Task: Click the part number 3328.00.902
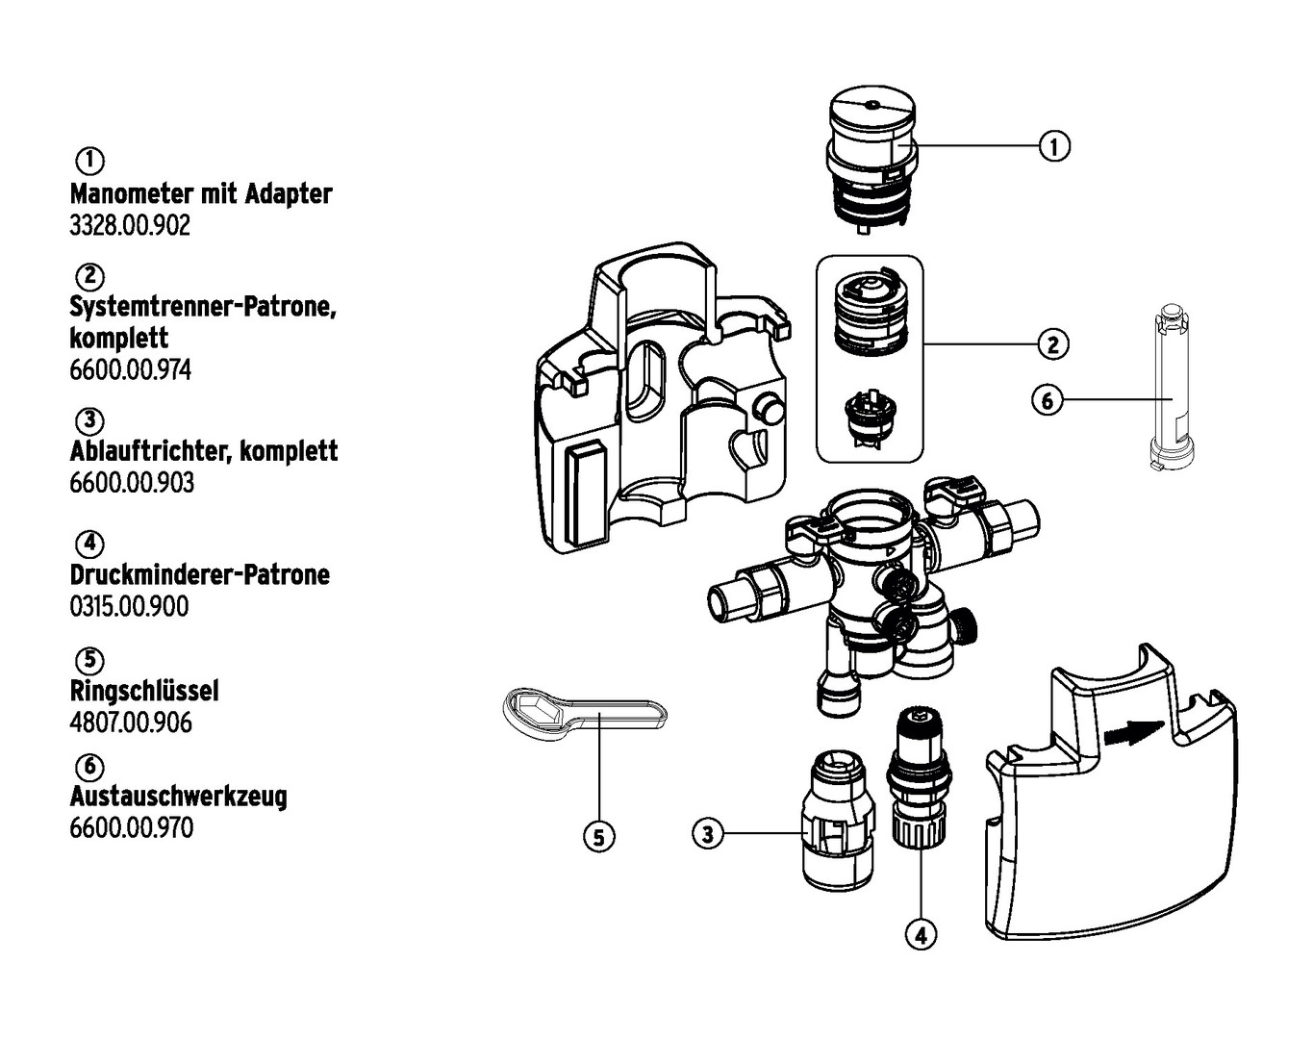click(130, 225)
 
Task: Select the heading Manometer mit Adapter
click(201, 193)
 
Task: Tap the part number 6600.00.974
click(130, 369)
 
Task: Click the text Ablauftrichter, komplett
click(204, 450)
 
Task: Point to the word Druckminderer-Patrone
click(200, 574)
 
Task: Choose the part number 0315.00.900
click(129, 606)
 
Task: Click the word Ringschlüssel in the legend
click(144, 690)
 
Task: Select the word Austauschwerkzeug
click(179, 797)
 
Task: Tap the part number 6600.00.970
click(131, 827)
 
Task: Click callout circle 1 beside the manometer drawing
click(1054, 147)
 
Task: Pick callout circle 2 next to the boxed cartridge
click(1052, 343)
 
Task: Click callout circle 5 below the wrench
click(598, 837)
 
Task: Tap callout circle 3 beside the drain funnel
click(708, 833)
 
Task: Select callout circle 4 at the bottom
click(921, 933)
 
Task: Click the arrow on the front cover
click(1133, 733)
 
